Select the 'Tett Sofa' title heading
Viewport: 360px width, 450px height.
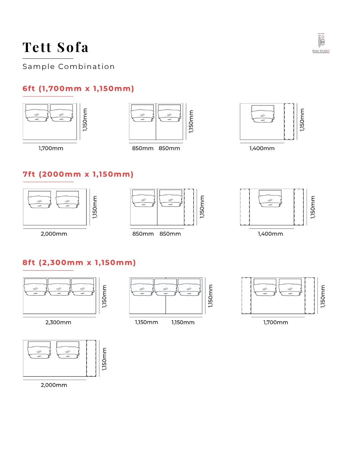tap(55, 47)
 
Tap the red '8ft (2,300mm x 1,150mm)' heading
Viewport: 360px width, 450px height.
tap(79, 262)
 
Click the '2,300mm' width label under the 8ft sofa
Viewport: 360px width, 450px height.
tap(58, 322)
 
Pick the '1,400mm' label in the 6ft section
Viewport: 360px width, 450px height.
tap(262, 148)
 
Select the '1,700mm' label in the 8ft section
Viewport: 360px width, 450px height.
tap(275, 322)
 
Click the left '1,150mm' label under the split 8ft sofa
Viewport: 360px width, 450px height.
tap(146, 322)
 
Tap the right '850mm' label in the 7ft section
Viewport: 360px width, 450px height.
tap(170, 234)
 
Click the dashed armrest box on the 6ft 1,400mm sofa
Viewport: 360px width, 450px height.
tap(289, 121)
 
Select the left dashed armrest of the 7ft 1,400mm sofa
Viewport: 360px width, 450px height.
tap(245, 207)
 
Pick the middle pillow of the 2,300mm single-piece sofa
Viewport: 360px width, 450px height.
tap(59, 287)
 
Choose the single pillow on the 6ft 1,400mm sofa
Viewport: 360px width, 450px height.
tap(263, 114)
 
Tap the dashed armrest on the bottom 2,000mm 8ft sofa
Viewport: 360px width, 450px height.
tap(91, 358)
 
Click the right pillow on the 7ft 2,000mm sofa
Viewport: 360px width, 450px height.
tap(67, 199)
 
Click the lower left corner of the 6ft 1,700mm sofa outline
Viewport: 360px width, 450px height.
tap(23, 139)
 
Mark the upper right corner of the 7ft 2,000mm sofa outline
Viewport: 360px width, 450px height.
tap(86, 189)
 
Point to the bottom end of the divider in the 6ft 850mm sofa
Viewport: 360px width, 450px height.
tap(156, 139)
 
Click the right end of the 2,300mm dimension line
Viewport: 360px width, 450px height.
tap(96, 317)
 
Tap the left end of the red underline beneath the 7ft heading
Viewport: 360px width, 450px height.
tap(23, 182)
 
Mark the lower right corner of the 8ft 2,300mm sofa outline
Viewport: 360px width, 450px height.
tap(96, 314)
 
